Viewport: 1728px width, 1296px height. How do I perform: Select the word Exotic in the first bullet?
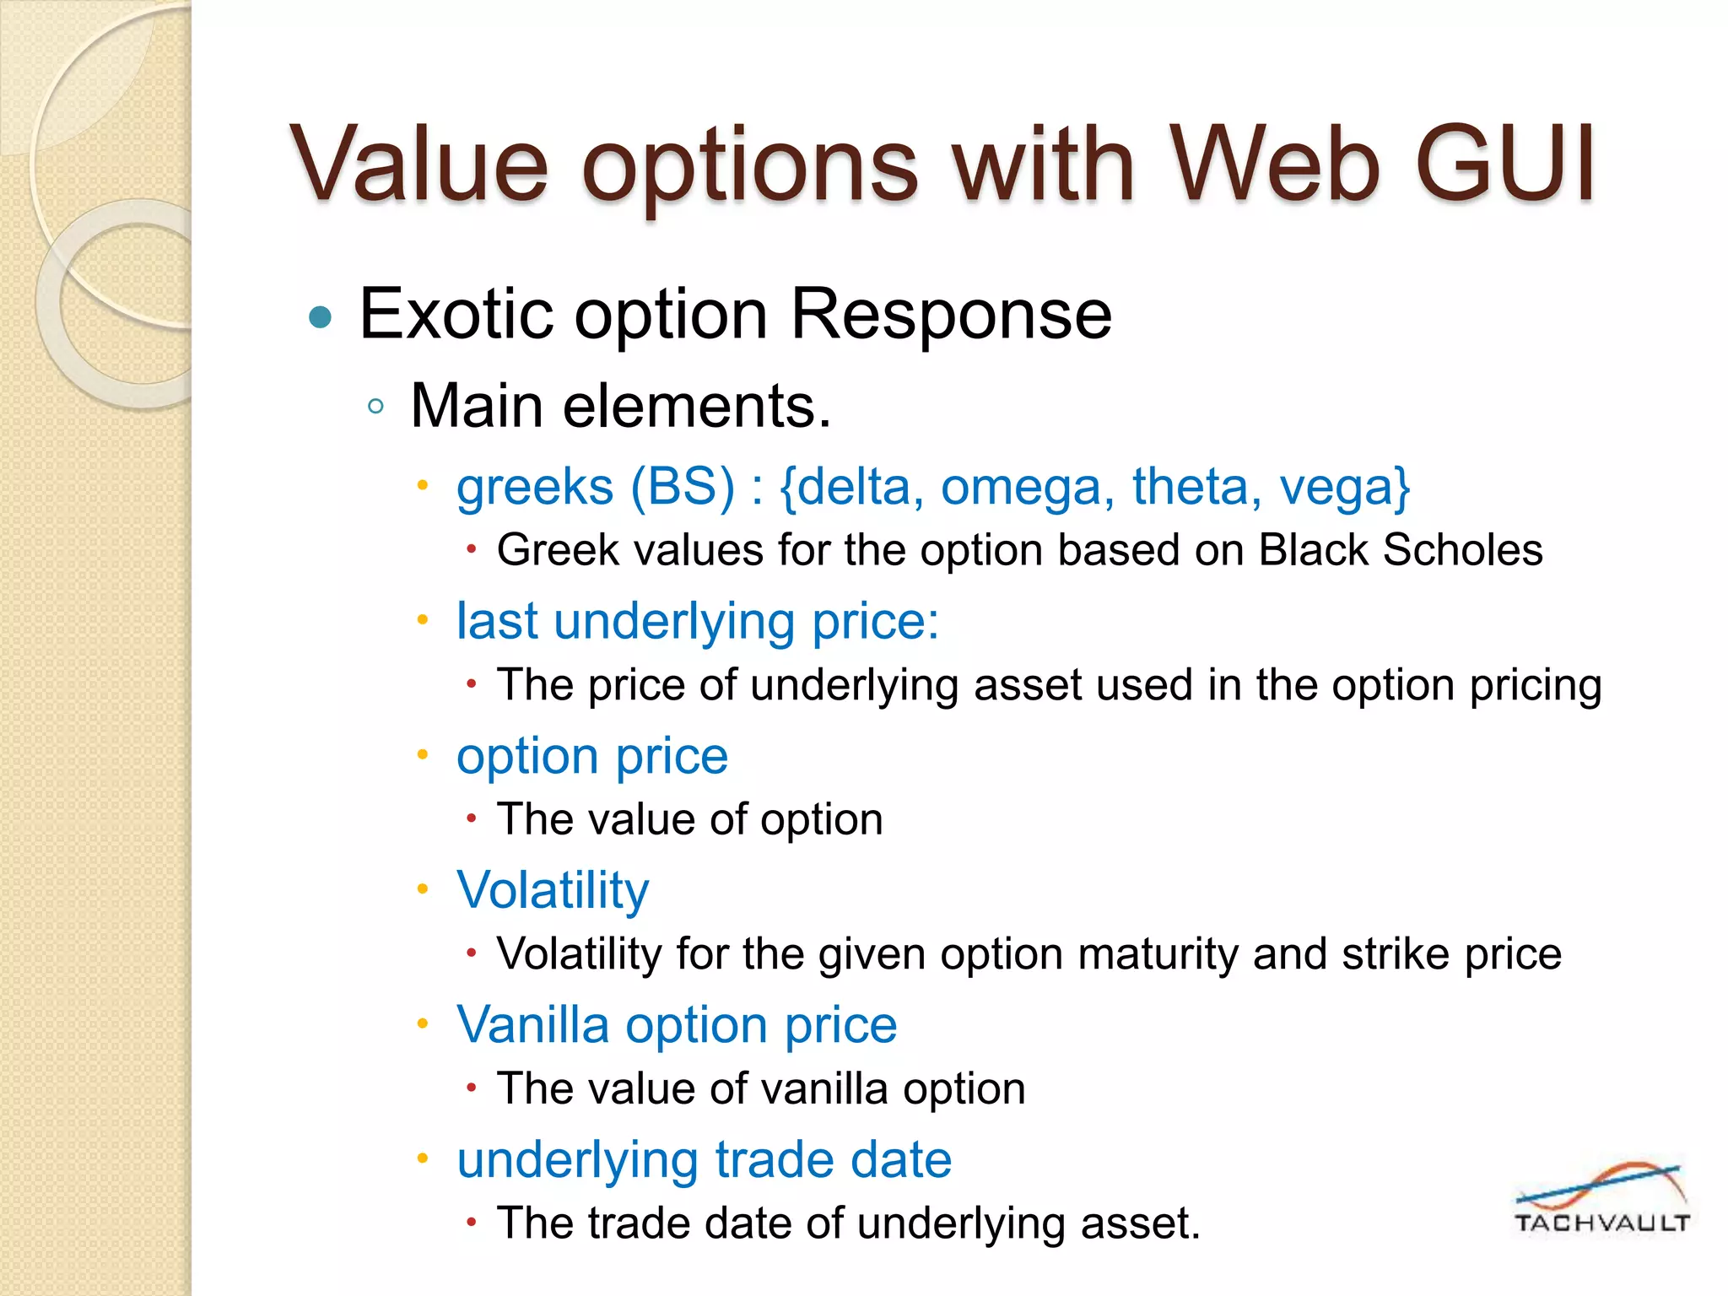pyautogui.click(x=456, y=314)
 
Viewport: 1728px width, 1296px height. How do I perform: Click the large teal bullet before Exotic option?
pyautogui.click(x=320, y=318)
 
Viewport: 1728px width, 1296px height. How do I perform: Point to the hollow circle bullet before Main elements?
pyautogui.click(x=376, y=408)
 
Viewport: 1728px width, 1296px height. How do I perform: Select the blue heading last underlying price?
pyautogui.click(x=697, y=622)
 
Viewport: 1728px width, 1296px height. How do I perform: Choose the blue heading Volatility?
pyautogui.click(x=553, y=890)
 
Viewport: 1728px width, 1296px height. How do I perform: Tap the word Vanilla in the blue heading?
pyautogui.click(x=532, y=1025)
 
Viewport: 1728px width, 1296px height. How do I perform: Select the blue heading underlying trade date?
pyautogui.click(x=704, y=1160)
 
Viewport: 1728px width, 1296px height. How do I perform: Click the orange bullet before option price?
pyautogui.click(x=424, y=754)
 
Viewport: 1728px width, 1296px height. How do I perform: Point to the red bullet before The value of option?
pyautogui.click(x=472, y=818)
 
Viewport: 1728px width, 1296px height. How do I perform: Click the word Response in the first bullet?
pyautogui.click(x=951, y=314)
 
